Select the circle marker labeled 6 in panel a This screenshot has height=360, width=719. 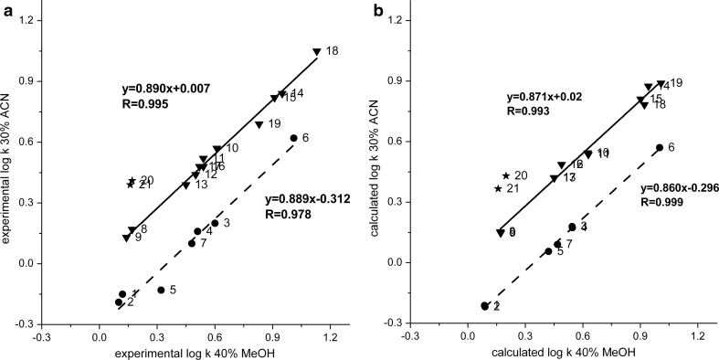(293, 138)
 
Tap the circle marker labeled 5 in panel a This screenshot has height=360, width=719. (161, 290)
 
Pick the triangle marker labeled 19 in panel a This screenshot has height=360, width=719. (259, 124)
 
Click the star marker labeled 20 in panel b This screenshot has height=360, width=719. (506, 175)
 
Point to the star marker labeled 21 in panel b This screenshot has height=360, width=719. (498, 189)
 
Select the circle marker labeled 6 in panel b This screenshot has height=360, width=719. (659, 147)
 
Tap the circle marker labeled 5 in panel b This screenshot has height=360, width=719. (548, 251)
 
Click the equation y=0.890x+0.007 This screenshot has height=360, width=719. (167, 90)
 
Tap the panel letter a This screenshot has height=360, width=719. (6, 7)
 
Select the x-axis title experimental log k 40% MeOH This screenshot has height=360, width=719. (195, 352)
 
